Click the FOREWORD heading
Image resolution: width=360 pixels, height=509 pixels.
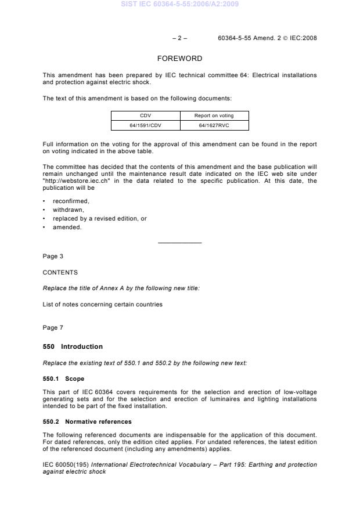[x=180, y=59]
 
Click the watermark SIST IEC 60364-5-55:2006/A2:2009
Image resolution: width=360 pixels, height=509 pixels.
[x=180, y=5]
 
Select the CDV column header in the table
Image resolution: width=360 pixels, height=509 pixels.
[x=145, y=115]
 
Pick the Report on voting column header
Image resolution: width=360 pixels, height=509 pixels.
[x=214, y=115]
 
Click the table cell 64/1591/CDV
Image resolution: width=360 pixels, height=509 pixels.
[x=145, y=125]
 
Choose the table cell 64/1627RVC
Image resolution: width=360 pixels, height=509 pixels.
[x=214, y=125]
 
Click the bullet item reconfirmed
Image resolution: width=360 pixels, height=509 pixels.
[x=71, y=201]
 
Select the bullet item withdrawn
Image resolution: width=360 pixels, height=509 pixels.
[x=69, y=210]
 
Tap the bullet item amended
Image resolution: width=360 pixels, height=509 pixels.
[x=67, y=227]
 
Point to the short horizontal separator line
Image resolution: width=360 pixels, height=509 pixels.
[x=180, y=242]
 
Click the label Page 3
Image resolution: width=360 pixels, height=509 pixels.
[x=53, y=256]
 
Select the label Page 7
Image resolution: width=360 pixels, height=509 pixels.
[x=53, y=328]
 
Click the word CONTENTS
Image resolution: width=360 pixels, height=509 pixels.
[x=60, y=272]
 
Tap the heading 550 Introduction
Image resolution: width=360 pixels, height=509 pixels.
[x=73, y=346]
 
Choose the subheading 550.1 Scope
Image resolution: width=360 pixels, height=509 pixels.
[x=63, y=378]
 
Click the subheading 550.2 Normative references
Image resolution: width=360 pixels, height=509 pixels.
[x=87, y=421]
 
